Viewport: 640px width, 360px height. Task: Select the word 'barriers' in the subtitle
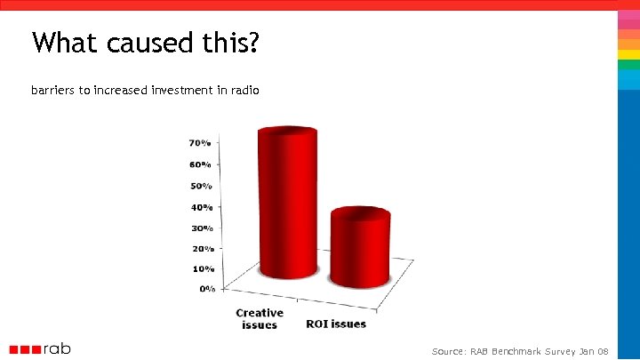pyautogui.click(x=53, y=91)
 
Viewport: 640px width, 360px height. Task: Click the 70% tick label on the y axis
pyautogui.click(x=199, y=142)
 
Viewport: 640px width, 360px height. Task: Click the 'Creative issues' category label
pyautogui.click(x=260, y=318)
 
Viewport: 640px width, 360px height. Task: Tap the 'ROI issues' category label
pyautogui.click(x=336, y=324)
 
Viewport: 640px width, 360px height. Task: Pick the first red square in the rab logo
pyautogui.click(x=14, y=349)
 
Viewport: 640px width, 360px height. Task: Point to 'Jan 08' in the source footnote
pyautogui.click(x=593, y=352)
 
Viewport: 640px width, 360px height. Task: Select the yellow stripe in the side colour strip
pyautogui.click(x=628, y=54)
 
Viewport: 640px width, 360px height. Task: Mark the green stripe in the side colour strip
pyautogui.click(x=628, y=65)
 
